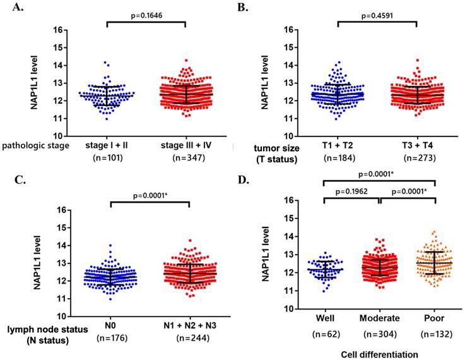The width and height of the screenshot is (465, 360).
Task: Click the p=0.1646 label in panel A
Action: tap(146, 15)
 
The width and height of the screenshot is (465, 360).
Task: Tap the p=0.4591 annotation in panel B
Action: tap(377, 15)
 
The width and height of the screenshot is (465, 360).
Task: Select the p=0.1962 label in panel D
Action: tap(351, 192)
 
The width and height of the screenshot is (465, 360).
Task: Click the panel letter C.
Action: tap(20, 180)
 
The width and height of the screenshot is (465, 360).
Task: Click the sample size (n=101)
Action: tap(108, 157)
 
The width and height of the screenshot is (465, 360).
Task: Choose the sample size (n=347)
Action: tap(189, 157)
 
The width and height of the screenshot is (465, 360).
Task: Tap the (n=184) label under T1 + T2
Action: tap(339, 158)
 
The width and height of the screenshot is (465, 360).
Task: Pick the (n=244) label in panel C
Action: tap(193, 338)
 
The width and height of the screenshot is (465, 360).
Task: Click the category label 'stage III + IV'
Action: tap(186, 145)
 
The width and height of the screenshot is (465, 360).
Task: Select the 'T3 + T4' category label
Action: tap(418, 145)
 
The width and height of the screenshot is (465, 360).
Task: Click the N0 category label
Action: tap(110, 325)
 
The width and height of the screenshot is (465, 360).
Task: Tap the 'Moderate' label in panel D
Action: tap(380, 318)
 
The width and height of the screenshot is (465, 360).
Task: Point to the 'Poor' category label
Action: tap(434, 318)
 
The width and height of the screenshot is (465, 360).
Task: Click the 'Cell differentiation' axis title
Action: tap(380, 354)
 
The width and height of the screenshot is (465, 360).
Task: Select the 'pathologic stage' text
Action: tap(35, 146)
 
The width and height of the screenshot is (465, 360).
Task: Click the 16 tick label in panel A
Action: tap(58, 30)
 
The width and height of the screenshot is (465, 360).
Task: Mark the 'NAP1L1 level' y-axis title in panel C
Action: tap(37, 263)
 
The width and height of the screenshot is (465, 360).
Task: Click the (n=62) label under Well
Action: tap(326, 335)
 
